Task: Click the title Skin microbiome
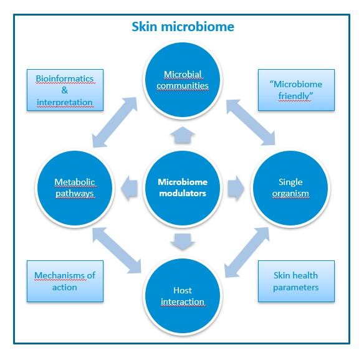(183, 27)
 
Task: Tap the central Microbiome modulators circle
(182, 187)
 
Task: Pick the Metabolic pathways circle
(75, 187)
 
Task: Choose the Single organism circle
(289, 187)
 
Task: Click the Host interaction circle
(182, 295)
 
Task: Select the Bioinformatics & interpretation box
(65, 90)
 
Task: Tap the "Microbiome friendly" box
(297, 90)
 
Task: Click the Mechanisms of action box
(65, 281)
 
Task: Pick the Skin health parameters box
(297, 281)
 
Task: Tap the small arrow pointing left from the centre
(130, 187)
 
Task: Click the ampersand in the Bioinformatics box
(65, 90)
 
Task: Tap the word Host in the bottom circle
(182, 290)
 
